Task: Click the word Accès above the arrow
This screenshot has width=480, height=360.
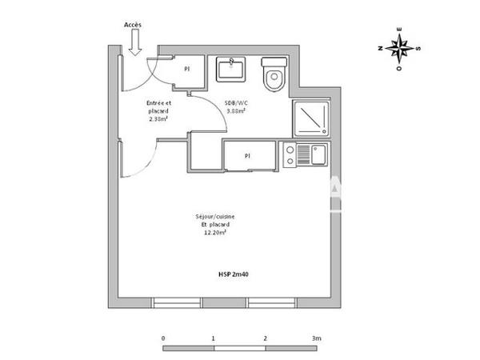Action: (x=133, y=25)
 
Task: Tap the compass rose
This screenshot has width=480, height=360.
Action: (x=398, y=48)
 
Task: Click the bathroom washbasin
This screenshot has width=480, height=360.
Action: (x=232, y=68)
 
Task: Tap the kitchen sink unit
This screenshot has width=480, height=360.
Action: (x=305, y=154)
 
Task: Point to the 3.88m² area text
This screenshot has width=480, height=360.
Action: (x=234, y=111)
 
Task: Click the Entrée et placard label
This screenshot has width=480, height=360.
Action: (x=158, y=106)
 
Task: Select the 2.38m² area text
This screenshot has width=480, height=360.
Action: (x=158, y=120)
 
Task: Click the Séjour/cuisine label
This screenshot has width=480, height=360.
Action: (x=214, y=217)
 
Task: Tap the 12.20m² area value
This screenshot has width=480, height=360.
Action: (x=214, y=233)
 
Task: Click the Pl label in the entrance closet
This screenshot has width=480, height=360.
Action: (x=186, y=70)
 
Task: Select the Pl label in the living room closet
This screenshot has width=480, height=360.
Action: (x=247, y=156)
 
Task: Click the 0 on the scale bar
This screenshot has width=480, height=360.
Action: (x=163, y=339)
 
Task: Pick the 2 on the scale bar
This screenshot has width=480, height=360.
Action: (x=265, y=339)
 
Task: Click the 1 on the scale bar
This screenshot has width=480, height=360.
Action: (x=214, y=339)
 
